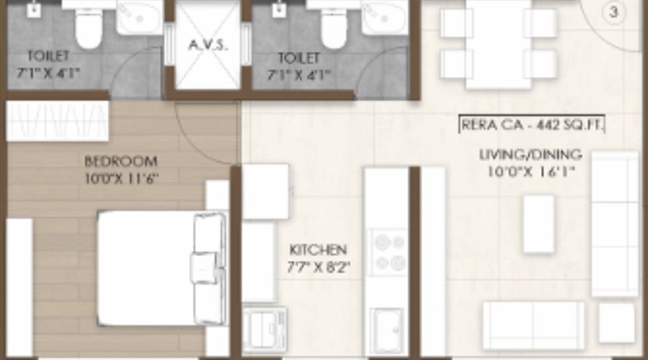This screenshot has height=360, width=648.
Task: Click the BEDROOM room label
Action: (121, 161)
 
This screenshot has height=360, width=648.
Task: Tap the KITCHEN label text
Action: (317, 250)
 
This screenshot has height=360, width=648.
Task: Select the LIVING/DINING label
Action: (530, 155)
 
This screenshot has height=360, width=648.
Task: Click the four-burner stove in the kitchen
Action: (389, 252)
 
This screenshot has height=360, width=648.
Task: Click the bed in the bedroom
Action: (161, 267)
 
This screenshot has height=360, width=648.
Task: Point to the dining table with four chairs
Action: (499, 45)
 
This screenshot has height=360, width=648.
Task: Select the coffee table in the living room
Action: (538, 224)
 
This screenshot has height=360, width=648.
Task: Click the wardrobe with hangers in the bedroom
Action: (58, 121)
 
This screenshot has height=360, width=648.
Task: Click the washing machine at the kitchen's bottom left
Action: (265, 330)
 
